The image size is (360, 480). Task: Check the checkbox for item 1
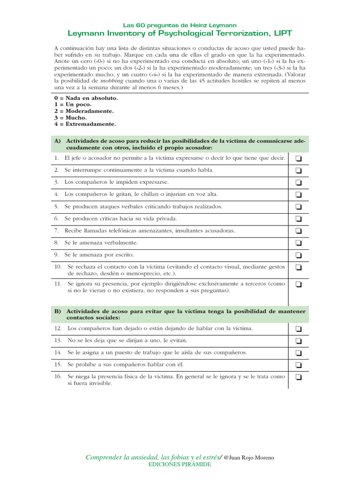pos(298,158)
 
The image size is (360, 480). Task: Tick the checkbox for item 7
pos(298,231)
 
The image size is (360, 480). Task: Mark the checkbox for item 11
pos(298,284)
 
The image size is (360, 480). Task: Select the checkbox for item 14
pos(298,353)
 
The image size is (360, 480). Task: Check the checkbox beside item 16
pos(298,377)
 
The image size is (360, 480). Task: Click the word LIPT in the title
pos(283,33)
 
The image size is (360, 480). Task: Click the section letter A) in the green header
pos(58,141)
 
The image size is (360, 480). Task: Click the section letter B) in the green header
pos(58,311)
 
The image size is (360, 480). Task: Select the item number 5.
pos(56,207)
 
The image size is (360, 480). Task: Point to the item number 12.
pos(58,329)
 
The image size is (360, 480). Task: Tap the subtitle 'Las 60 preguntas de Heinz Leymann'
pos(180,24)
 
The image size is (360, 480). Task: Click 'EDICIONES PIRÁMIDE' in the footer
pos(180,464)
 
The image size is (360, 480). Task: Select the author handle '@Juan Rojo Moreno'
pos(249,457)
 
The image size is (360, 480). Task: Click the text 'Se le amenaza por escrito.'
pos(99,255)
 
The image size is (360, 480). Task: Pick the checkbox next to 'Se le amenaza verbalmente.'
pos(298,243)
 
